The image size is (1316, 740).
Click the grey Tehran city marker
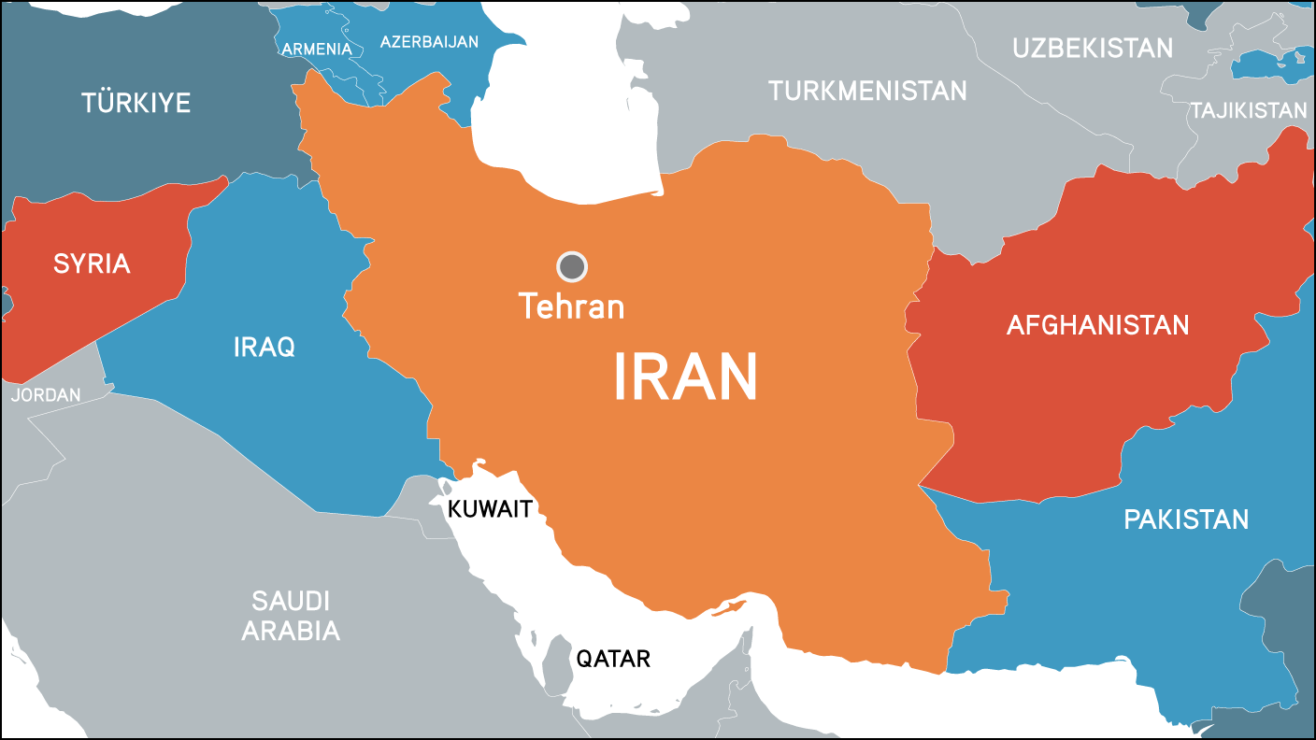571,267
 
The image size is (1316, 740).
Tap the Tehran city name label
571,306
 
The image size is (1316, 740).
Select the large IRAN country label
685,378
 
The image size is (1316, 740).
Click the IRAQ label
265,348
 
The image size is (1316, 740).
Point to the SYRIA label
92,264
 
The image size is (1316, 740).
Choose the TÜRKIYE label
136,103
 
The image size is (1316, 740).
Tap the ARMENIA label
317,49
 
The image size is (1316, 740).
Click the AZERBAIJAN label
429,42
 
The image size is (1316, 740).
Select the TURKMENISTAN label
867,91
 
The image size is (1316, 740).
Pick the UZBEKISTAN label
1093,48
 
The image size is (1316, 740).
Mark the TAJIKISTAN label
1248,111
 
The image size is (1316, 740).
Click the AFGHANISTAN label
1097,325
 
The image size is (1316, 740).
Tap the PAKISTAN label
1186,519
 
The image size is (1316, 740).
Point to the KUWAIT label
490,509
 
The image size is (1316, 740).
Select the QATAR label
613,659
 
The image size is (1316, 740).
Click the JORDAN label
47,395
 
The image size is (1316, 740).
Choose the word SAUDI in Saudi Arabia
291,601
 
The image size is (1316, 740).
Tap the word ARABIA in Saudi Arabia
291,631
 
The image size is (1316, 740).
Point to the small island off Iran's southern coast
731,609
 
